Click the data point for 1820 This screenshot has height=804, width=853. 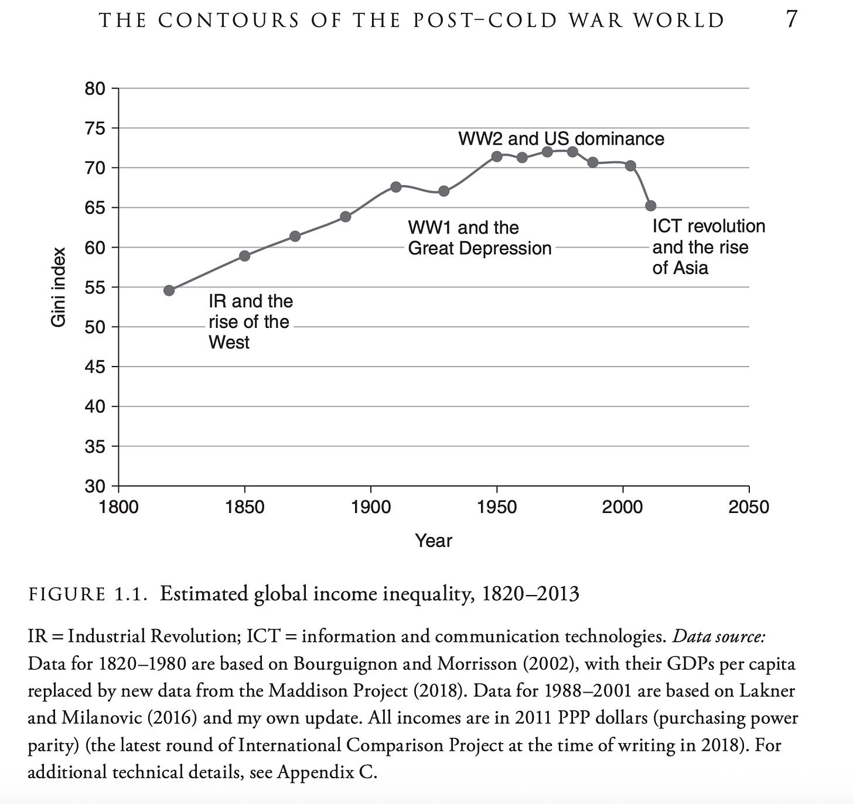(169, 290)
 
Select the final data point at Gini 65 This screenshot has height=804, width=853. (650, 206)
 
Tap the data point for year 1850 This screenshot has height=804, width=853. (245, 256)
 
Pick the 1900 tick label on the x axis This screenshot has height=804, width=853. (371, 507)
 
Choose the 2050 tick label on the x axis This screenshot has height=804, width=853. (748, 507)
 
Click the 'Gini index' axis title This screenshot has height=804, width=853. (58, 287)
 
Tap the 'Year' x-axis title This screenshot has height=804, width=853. (434, 540)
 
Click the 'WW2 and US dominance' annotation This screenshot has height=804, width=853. (561, 139)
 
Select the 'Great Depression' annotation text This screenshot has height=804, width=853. (479, 248)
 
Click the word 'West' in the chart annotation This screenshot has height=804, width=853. (229, 342)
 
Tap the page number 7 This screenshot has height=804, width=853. (791, 20)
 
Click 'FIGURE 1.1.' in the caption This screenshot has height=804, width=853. (86, 594)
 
